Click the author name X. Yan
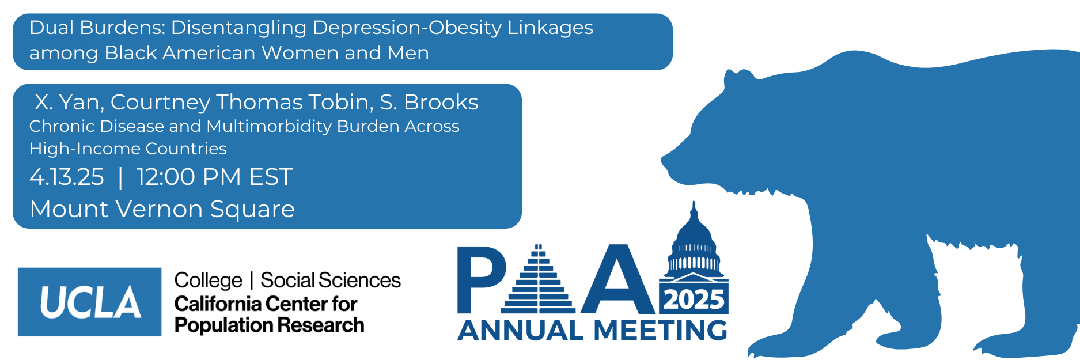[69, 102]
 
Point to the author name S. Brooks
[429, 102]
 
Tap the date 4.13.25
[67, 177]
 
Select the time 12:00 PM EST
[214, 177]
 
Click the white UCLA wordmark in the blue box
[90, 302]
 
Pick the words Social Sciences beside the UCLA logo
[331, 281]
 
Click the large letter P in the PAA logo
[482, 279]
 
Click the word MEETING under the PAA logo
[660, 331]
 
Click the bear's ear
[737, 79]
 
